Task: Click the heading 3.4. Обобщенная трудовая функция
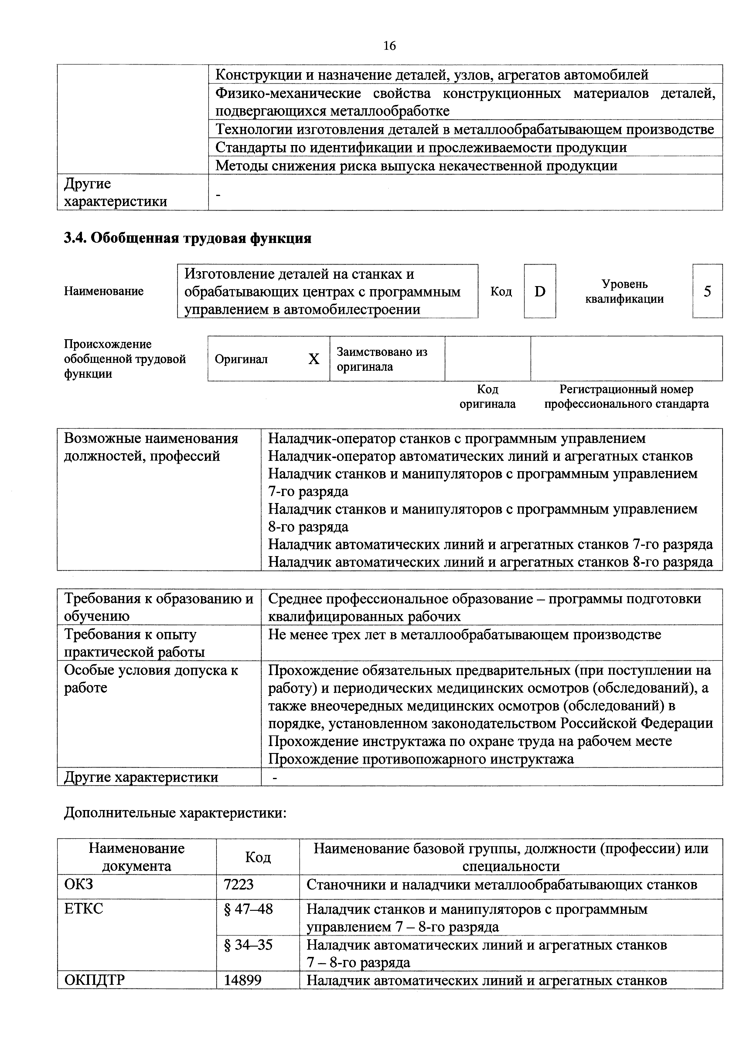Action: [187, 238]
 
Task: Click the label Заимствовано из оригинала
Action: [382, 359]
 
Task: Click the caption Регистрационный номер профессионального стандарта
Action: [626, 397]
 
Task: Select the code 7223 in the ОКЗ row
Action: [239, 885]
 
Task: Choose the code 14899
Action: [243, 980]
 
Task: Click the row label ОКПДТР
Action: [95, 980]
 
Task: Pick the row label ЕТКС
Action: [84, 909]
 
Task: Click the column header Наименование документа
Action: [137, 857]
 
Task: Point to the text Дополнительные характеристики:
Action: [175, 813]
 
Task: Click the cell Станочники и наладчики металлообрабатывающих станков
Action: [502, 885]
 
